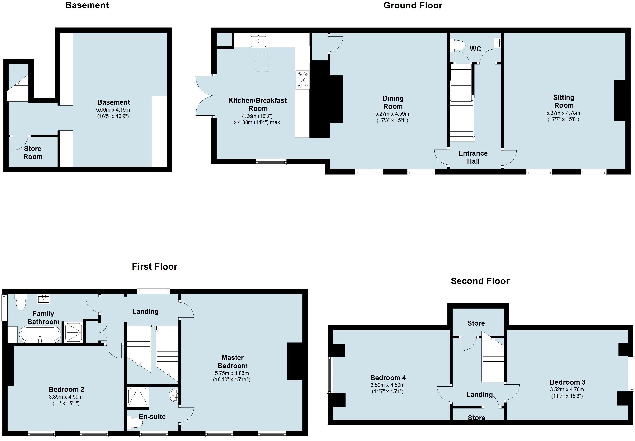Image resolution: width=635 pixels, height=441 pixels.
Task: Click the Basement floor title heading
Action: point(87,5)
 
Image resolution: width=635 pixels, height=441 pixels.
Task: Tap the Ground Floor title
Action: point(413,5)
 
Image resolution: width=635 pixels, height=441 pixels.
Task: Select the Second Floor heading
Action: point(480,281)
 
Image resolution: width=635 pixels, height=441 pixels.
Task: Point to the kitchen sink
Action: point(258,41)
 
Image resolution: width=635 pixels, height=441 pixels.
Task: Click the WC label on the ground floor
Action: point(475,49)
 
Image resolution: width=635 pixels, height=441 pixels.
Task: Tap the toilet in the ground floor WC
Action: point(458,45)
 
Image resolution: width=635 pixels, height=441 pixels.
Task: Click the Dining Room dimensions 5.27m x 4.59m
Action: point(392,114)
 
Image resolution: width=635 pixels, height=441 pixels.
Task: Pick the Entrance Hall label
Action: point(473,157)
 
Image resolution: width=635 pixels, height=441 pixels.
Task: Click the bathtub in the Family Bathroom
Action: point(40,335)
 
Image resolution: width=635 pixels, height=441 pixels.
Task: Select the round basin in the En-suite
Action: point(174,395)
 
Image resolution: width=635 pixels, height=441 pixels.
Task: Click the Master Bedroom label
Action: point(232,362)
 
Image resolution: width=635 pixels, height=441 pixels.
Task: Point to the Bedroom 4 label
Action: point(388,378)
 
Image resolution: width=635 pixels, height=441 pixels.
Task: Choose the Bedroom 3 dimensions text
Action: point(567,393)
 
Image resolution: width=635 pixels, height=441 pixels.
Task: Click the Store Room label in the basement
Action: point(33,153)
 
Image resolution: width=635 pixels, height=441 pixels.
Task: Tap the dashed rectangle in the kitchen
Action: point(262,63)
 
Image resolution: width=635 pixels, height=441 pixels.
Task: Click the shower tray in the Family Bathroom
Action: point(74,332)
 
